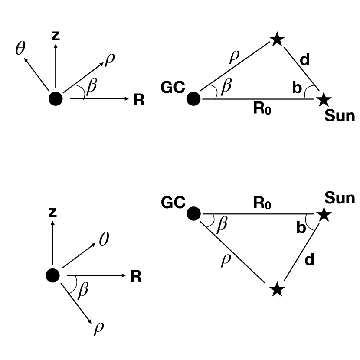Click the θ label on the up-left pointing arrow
point(20,49)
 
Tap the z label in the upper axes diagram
point(56,36)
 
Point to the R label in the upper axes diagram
point(138,101)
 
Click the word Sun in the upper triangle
point(340,116)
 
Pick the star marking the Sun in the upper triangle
point(322,99)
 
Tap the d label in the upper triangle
point(305,60)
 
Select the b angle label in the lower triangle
point(301,227)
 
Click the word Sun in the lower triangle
point(340,198)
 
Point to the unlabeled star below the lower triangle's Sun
point(277,289)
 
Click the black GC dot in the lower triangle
point(193,213)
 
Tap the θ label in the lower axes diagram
point(104,239)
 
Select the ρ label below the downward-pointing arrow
point(99,328)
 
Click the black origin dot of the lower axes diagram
point(52,275)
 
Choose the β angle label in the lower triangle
point(222,225)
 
